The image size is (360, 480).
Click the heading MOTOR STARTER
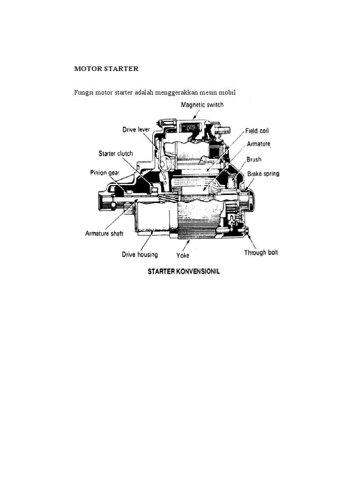point(106,69)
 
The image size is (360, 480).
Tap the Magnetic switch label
point(202,105)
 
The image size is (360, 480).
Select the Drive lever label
point(136,129)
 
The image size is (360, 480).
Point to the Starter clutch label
point(116,153)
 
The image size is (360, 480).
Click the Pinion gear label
point(105,172)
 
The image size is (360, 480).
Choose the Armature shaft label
point(104,233)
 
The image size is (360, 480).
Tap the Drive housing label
point(140,255)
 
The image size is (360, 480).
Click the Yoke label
point(183,256)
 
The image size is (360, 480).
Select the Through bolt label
point(261,253)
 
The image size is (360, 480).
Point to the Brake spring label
point(263,174)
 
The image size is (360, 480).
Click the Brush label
point(254,159)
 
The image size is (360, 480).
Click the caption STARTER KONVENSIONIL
point(184,271)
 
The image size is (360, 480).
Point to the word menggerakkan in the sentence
point(179,92)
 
